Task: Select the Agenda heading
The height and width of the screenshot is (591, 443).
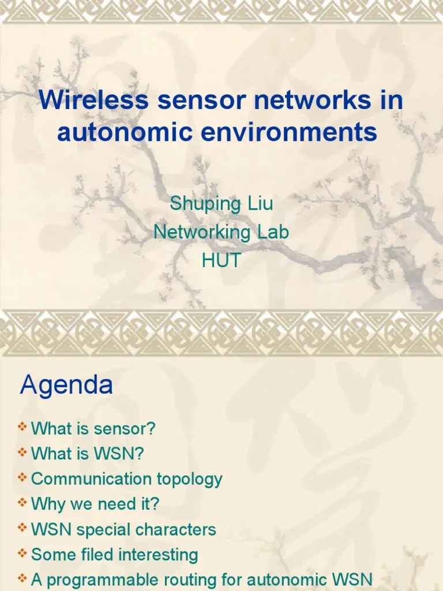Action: tap(66, 386)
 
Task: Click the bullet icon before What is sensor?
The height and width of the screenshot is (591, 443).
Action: tap(22, 428)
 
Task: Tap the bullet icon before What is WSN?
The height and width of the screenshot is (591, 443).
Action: tap(22, 453)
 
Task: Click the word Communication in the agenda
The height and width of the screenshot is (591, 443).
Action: tap(91, 478)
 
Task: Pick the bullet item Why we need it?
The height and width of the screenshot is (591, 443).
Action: tap(95, 504)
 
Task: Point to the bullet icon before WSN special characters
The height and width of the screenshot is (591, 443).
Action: tap(22, 528)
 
